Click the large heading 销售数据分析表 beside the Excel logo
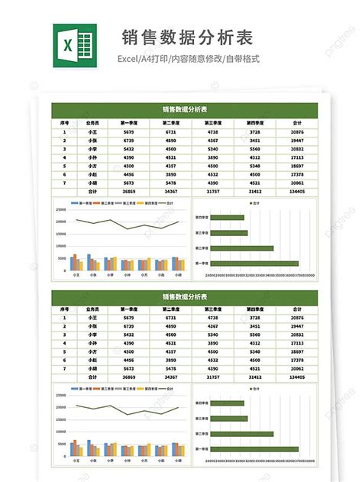pos(187,37)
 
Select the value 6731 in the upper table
pos(170,132)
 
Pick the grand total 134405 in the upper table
pos(298,192)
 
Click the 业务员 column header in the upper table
pos(92,122)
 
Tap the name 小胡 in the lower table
pos(92,369)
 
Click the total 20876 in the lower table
pos(298,317)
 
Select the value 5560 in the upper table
pos(255,149)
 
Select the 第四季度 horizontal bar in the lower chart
pos(228,403)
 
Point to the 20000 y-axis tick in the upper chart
pos(60,222)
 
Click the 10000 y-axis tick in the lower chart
pos(60,432)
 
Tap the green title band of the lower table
pos(183,296)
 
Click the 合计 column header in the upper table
pos(298,122)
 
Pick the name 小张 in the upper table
pos(92,141)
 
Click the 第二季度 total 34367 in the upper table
pos(170,192)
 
